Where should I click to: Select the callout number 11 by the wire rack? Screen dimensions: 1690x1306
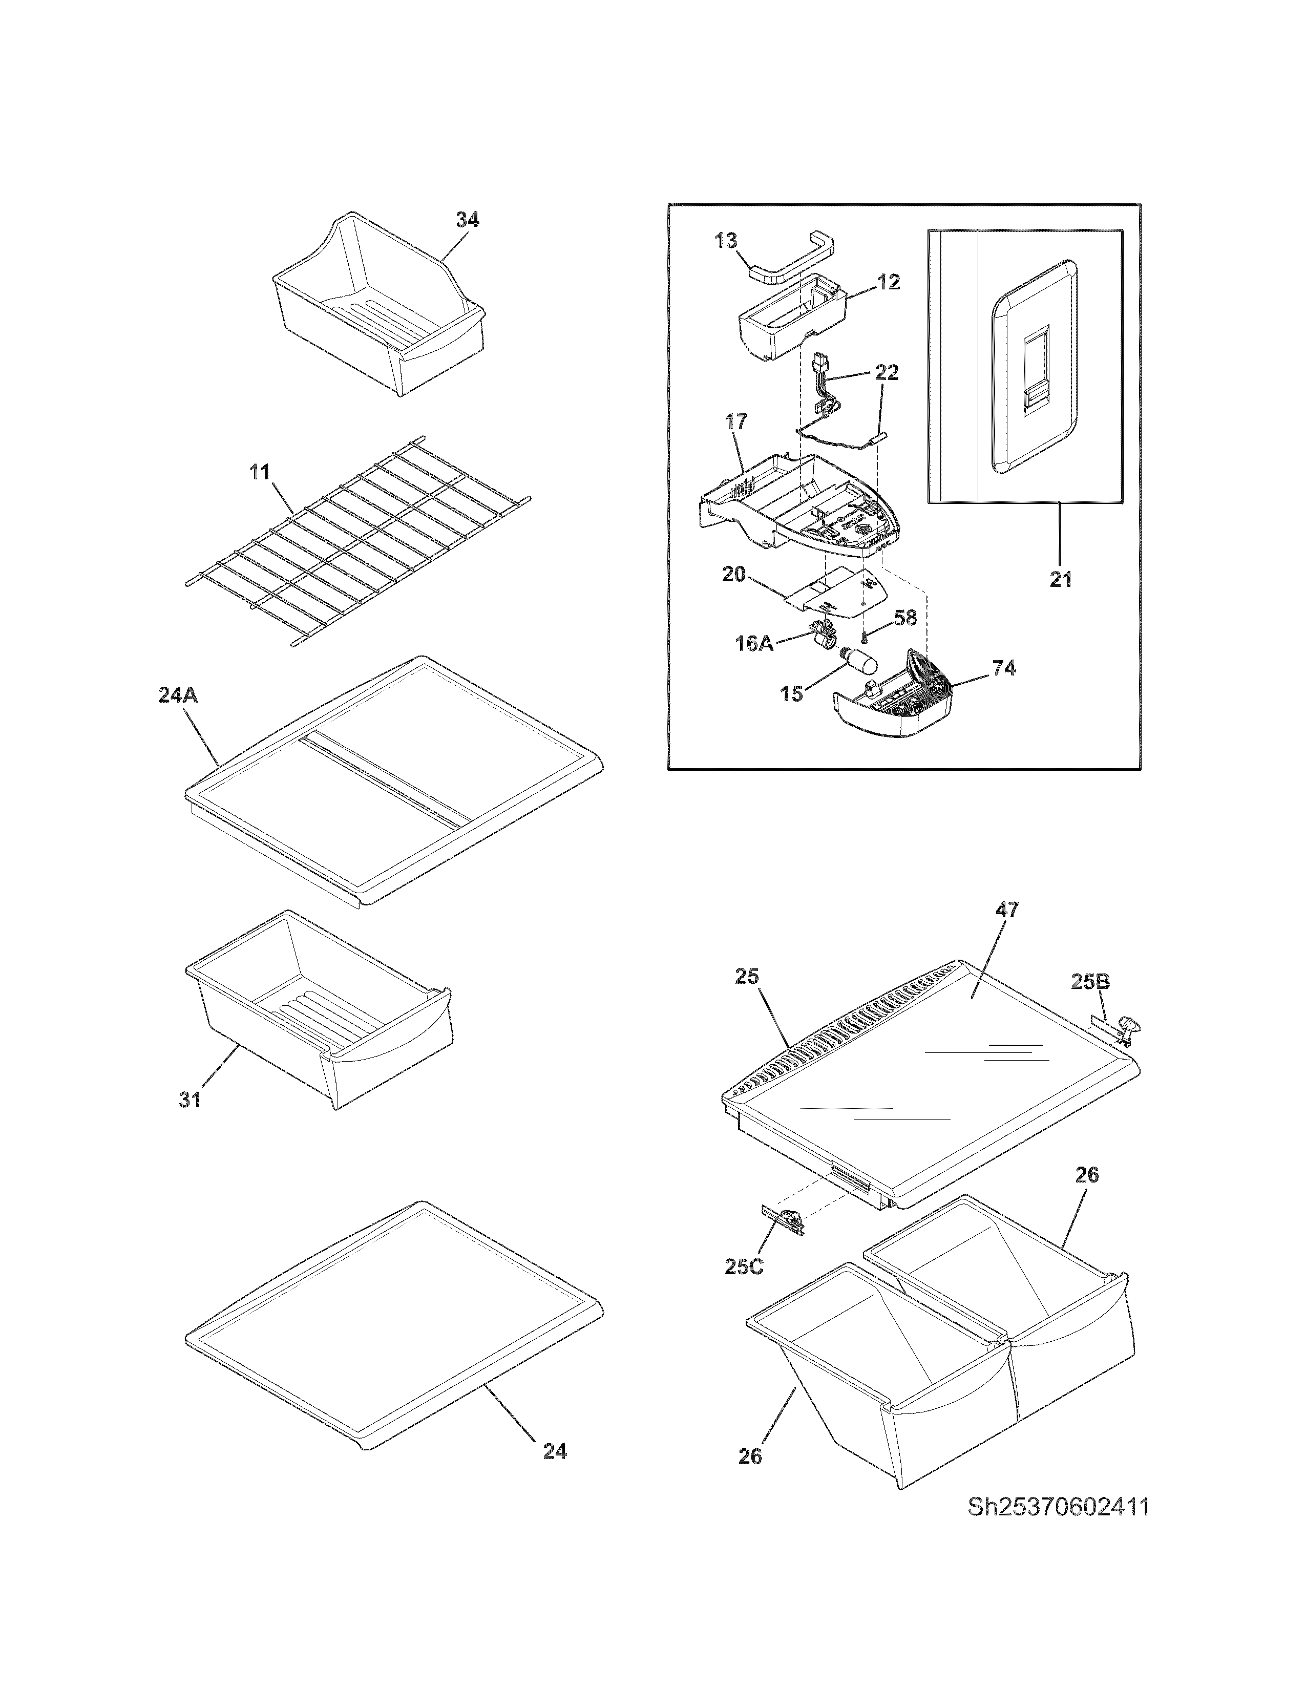(260, 471)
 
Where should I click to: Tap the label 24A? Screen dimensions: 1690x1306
(178, 695)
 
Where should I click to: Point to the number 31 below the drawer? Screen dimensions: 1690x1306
(191, 1100)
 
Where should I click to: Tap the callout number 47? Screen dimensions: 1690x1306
(1007, 910)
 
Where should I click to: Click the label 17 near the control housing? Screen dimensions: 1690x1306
(736, 421)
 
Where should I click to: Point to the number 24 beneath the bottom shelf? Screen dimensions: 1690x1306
(555, 1452)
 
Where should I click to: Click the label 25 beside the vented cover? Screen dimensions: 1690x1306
(747, 977)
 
